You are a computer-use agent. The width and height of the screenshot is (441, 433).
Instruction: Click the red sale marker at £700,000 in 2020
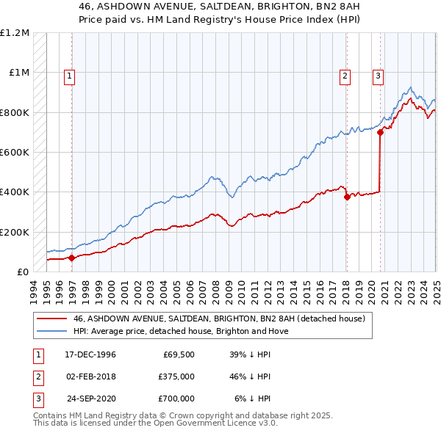pos(380,133)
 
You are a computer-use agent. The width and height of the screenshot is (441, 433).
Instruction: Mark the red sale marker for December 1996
pos(72,258)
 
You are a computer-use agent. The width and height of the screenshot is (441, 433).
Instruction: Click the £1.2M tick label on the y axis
pos(15,33)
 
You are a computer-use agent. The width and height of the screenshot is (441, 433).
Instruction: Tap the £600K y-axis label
pos(14,153)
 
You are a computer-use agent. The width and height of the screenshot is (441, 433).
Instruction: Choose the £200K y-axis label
pos(14,232)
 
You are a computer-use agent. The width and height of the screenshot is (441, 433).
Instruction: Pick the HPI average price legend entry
pos(181,331)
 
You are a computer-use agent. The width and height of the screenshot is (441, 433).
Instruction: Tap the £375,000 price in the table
pos(176,376)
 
